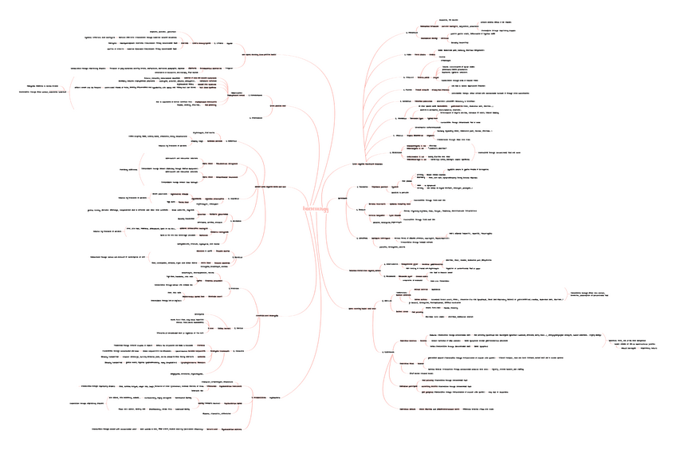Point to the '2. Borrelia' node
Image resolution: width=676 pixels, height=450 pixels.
360,209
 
